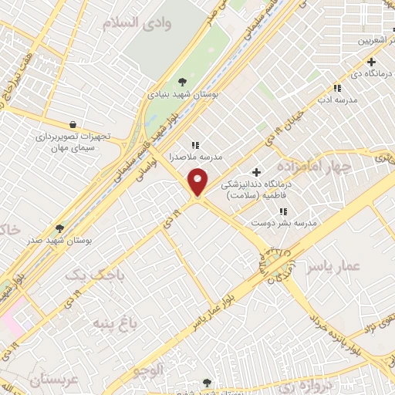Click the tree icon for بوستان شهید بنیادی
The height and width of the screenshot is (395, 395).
pyautogui.click(x=182, y=81)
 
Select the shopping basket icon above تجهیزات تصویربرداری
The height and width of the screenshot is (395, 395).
pyautogui.click(x=73, y=123)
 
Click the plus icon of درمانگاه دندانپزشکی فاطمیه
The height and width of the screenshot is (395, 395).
pyautogui.click(x=257, y=172)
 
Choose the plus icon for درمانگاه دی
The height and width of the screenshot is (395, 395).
pyautogui.click(x=371, y=62)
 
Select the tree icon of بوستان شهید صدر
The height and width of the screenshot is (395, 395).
pyautogui.click(x=60, y=228)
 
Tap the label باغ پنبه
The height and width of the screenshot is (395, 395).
pyautogui.click(x=115, y=323)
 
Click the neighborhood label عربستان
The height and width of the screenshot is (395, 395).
pyautogui.click(x=55, y=380)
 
